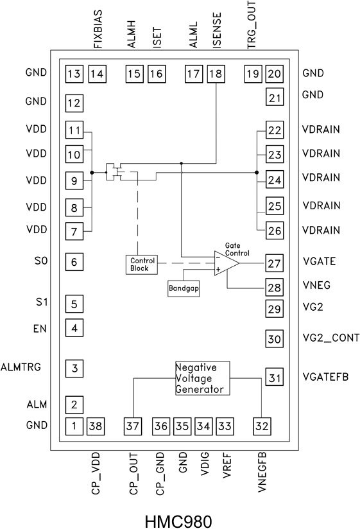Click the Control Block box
point(139,265)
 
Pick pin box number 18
point(216,74)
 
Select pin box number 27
point(275,263)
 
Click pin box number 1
point(74,425)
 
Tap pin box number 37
point(133,425)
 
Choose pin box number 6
point(74,261)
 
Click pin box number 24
point(275,180)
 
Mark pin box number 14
point(98,74)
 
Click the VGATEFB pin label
point(325,377)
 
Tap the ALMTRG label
point(21,367)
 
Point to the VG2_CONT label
point(330,338)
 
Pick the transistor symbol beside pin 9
point(116,172)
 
